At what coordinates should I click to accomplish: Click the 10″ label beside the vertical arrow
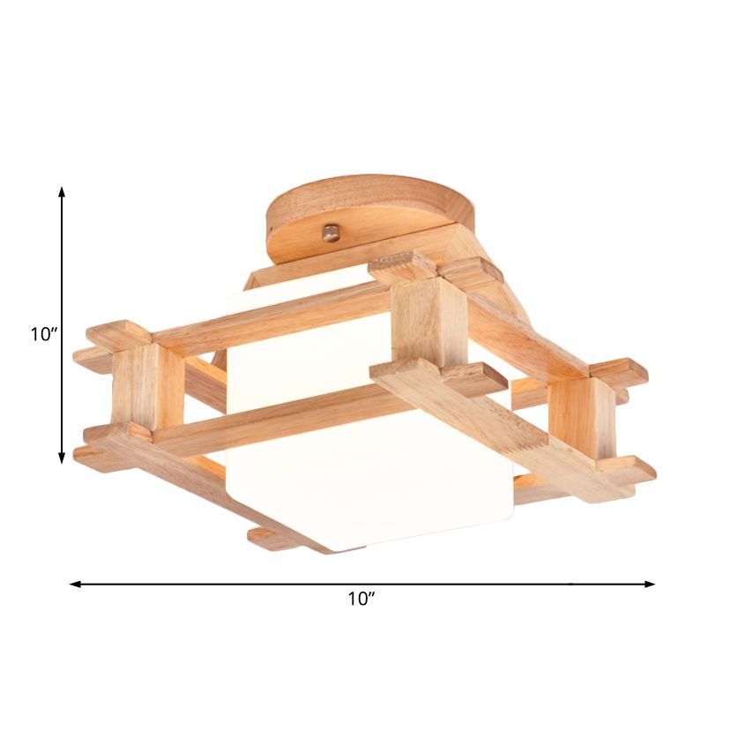click(43, 334)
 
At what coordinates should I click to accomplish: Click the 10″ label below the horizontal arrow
click(361, 600)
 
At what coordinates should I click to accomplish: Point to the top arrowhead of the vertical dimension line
click(62, 191)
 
